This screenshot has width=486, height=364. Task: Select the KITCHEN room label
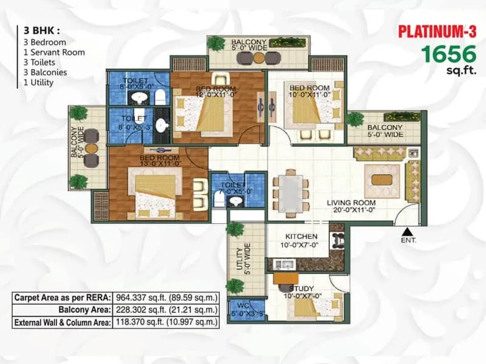click(301, 236)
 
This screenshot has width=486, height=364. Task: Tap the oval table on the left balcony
click(91, 147)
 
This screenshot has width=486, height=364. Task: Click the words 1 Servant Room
click(54, 52)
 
